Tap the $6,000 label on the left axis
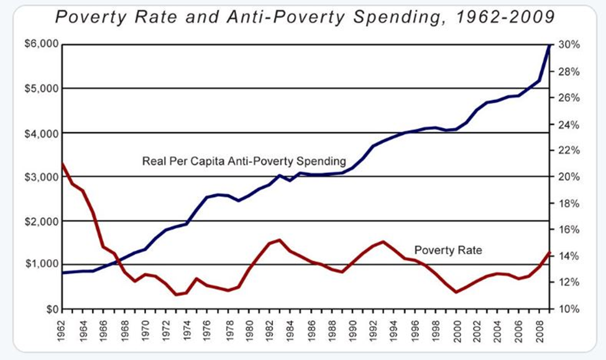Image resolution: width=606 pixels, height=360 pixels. pos(42,45)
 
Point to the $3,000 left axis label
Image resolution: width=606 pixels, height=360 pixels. pos(42,177)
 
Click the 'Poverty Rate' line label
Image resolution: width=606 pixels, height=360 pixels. pos(448,251)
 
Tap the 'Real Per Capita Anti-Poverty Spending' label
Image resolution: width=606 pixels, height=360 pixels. pos(244,162)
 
